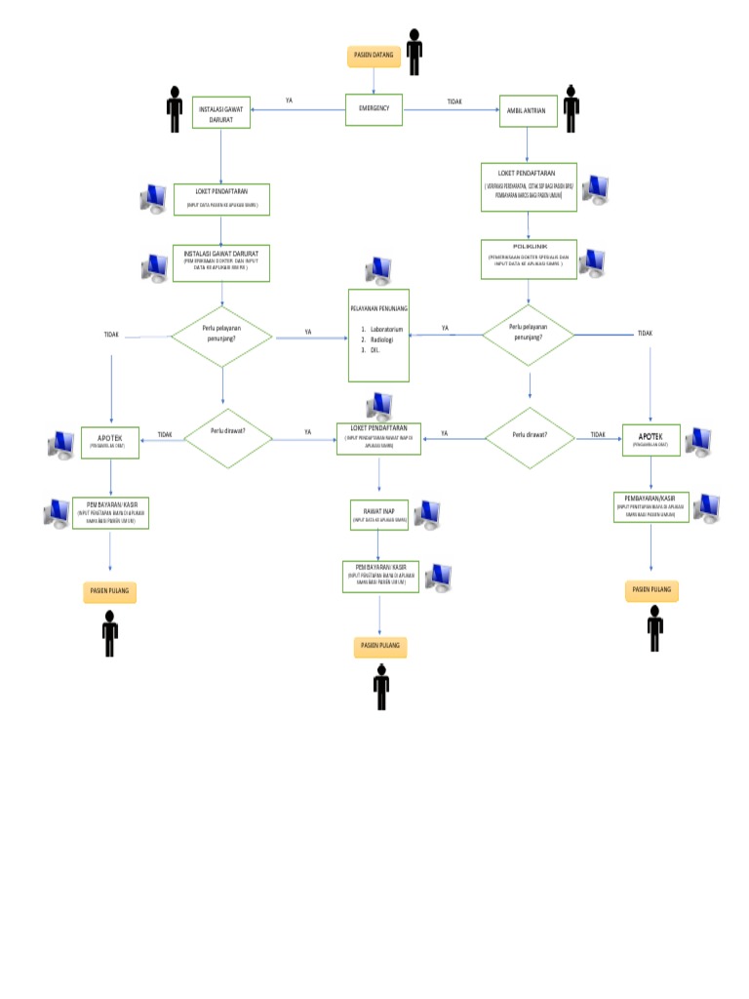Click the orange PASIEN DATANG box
(x=374, y=56)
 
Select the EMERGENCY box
(x=374, y=108)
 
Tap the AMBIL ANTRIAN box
(x=528, y=111)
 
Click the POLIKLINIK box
(x=528, y=256)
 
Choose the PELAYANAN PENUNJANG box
(x=378, y=335)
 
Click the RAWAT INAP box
(x=378, y=513)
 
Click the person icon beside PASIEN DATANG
(x=414, y=52)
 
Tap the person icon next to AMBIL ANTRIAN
(x=571, y=109)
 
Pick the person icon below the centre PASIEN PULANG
(x=381, y=686)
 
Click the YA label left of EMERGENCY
(x=289, y=100)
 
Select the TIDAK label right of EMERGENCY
(x=454, y=101)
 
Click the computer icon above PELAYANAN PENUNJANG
(x=379, y=269)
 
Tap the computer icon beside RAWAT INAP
(x=428, y=514)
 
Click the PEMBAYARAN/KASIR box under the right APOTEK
(x=651, y=506)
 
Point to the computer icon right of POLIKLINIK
(x=592, y=261)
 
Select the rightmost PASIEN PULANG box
(x=651, y=591)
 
